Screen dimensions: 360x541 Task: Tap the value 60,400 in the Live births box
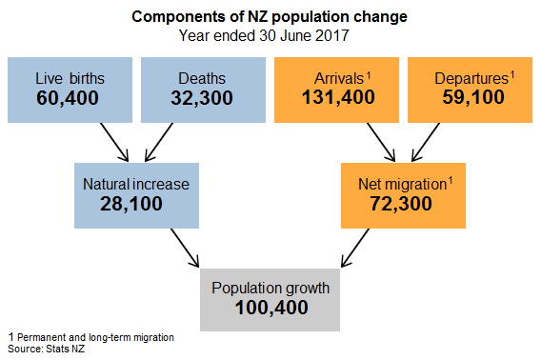[69, 98]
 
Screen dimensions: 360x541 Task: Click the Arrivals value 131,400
[335, 98]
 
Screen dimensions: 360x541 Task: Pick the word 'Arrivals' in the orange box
[331, 78]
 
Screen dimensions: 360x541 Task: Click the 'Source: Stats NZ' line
[40, 350]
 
